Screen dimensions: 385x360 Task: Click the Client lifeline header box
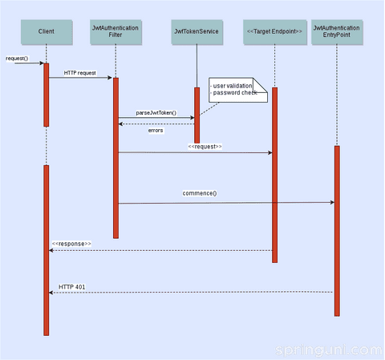[x=47, y=32]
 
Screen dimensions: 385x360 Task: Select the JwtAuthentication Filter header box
[x=115, y=32]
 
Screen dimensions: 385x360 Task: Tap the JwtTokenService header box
[x=197, y=32]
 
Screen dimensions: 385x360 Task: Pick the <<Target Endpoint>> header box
[x=275, y=32]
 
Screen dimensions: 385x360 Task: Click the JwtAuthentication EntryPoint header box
[x=337, y=32]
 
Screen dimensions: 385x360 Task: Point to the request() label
[x=17, y=59]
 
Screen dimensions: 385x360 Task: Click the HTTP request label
[x=79, y=73]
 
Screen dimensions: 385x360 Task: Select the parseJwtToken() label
[x=156, y=113]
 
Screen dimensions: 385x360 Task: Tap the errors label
[x=156, y=131]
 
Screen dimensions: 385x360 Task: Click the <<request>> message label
[x=205, y=147]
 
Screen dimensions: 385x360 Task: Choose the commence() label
[x=200, y=193]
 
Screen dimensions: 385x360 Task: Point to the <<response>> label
[x=71, y=244]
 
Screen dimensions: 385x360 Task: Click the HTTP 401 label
[x=72, y=287]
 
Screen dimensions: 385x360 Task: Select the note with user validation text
[x=238, y=90]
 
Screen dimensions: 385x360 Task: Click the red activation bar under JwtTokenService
[x=197, y=115]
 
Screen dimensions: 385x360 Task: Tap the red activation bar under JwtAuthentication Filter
[x=115, y=158]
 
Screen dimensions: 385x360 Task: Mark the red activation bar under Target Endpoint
[x=274, y=175]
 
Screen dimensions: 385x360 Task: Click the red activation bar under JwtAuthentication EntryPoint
[x=337, y=231]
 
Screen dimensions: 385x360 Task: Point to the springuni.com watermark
[x=329, y=350]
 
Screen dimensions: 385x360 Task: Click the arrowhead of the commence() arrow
[x=333, y=202]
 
